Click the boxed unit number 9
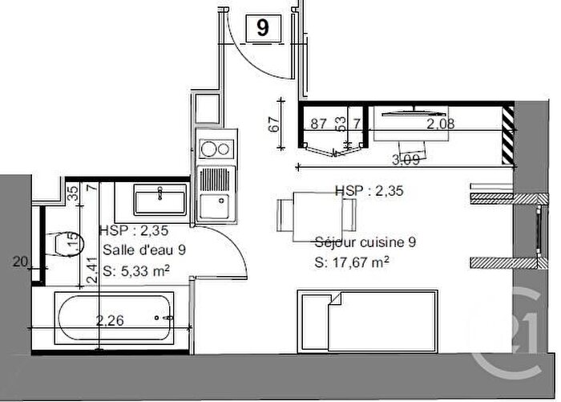[x=263, y=29]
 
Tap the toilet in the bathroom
[x=59, y=243]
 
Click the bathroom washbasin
[x=160, y=197]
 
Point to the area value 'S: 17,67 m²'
[x=352, y=262]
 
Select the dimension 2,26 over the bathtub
[x=111, y=322]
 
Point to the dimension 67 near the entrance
[x=272, y=124]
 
